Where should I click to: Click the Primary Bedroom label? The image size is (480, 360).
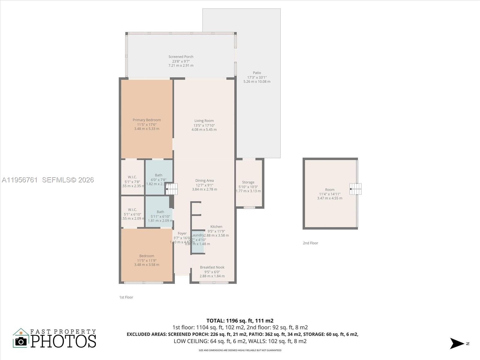click(147, 120)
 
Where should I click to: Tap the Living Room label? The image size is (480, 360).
click(204, 121)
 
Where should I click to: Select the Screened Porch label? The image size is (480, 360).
click(181, 57)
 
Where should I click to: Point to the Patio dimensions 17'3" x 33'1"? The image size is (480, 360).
click(257, 77)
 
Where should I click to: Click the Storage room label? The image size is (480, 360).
click(248, 182)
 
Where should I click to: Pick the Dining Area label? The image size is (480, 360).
click(205, 181)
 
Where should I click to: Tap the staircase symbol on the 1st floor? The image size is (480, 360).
click(172, 189)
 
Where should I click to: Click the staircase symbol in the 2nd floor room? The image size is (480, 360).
click(355, 189)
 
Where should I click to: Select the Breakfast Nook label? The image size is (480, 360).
click(212, 267)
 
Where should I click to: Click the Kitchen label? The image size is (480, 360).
click(216, 227)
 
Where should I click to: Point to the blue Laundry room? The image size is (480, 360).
click(198, 242)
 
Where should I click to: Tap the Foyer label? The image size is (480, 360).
click(182, 233)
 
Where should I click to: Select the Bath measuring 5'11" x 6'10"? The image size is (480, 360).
click(160, 212)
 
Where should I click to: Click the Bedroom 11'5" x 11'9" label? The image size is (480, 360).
click(147, 256)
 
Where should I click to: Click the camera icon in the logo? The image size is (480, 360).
click(21, 341)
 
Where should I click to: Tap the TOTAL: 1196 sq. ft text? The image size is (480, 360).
click(240, 321)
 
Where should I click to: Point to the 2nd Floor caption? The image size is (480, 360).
click(310, 243)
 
